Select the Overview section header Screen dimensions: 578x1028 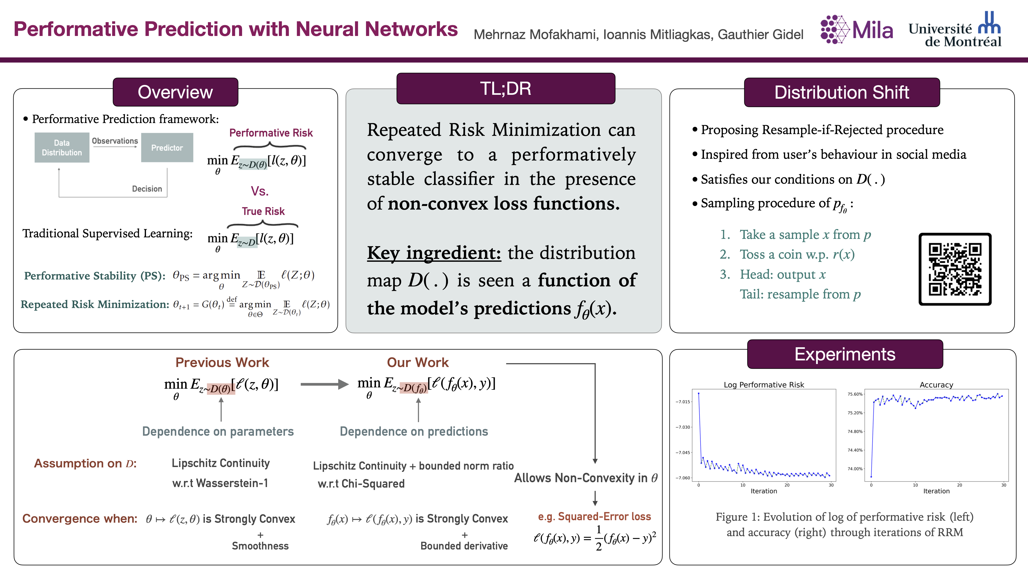point(175,92)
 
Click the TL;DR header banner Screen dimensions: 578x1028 point(506,89)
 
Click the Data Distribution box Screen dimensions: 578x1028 point(62,148)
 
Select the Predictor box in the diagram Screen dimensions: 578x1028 point(167,148)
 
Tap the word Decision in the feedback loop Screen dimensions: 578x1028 point(147,189)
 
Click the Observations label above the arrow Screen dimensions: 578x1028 point(115,141)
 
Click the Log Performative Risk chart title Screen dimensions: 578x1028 point(764,385)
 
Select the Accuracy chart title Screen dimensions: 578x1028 point(936,385)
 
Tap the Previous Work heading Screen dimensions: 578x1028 point(222,362)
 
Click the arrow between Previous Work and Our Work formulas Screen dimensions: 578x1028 point(324,384)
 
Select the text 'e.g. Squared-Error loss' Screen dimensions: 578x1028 point(594,517)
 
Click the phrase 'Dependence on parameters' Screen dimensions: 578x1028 point(218,431)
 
